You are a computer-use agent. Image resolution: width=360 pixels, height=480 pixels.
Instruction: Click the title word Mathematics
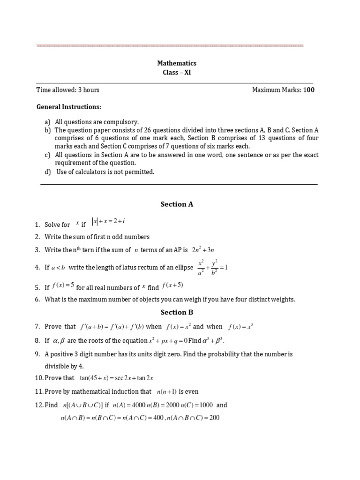point(176,63)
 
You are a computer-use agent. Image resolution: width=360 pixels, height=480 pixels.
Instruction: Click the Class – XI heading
point(176,73)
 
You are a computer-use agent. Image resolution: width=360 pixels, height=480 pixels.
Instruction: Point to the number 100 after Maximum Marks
point(309,90)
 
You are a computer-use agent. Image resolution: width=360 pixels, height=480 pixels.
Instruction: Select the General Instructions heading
point(69,107)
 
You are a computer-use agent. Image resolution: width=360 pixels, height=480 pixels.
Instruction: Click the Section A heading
point(177,204)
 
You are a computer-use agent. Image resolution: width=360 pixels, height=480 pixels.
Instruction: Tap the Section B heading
point(177,312)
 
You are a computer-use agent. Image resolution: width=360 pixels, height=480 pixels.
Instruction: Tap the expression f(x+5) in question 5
point(172,285)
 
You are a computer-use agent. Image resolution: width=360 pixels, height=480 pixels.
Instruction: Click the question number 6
point(37,300)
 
